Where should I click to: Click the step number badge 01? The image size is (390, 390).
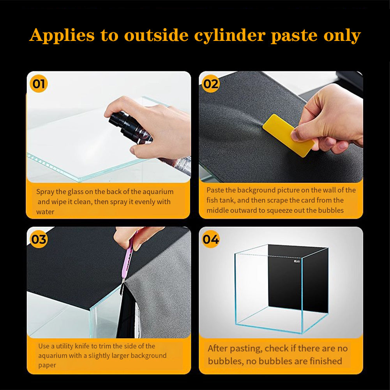[x=39, y=84]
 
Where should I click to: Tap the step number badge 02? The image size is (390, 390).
[x=211, y=84]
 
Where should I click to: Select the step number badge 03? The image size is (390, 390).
[x=39, y=239]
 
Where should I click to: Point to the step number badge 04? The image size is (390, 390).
[x=211, y=239]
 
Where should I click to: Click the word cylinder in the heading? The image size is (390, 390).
[x=229, y=35]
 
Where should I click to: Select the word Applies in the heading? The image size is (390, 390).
[x=62, y=35]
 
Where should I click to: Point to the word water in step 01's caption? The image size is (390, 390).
[x=45, y=212]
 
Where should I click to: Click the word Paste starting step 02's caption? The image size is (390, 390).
[x=215, y=190]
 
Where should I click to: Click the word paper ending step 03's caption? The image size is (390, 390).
[x=47, y=365]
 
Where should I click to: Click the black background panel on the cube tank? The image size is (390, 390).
[x=298, y=279]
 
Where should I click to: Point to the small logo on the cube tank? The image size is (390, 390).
[x=297, y=261]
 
